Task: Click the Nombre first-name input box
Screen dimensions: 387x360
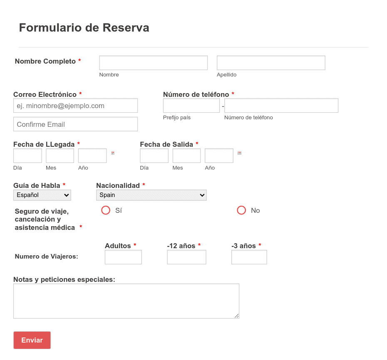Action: tap(153, 63)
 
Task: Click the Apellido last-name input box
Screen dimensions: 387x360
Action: tap(271, 63)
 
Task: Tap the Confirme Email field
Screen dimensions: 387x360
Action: tap(75, 124)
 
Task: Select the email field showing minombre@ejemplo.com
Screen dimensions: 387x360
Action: tap(75, 106)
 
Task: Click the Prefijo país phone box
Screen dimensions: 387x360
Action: tap(191, 106)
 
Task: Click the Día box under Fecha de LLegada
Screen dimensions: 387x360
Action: tap(27, 155)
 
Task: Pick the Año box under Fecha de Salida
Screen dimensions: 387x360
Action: tap(219, 155)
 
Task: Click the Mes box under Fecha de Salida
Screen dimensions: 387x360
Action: tap(186, 155)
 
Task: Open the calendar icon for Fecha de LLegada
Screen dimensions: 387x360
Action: tap(113, 153)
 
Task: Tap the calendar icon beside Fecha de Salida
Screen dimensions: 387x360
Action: tap(239, 153)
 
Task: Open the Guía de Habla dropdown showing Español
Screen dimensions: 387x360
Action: tap(42, 195)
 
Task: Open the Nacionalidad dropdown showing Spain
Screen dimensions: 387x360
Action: tap(151, 195)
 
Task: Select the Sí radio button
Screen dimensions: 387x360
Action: tap(106, 210)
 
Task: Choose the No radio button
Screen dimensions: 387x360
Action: tap(241, 210)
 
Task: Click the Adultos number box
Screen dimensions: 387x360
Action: tap(123, 257)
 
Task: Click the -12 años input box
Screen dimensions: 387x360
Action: tap(186, 257)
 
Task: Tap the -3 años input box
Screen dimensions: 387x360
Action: tap(249, 257)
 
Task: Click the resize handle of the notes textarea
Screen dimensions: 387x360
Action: tap(237, 316)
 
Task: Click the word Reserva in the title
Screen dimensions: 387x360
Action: tap(126, 27)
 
